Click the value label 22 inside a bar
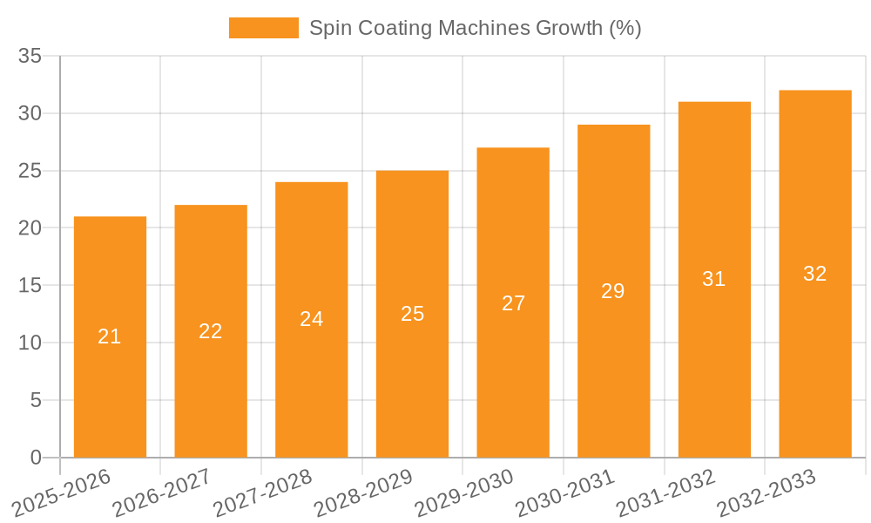pos(211,331)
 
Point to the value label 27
pos(514,303)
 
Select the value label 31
pos(714,279)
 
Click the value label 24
pos(312,319)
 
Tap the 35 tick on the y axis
pos(30,56)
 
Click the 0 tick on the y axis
pos(36,458)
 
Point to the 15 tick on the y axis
pos(30,285)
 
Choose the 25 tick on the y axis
pos(30,171)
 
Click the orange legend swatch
pos(263,28)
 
